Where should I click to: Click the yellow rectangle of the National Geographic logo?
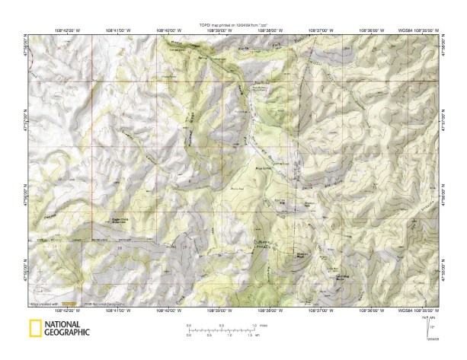(x=35, y=329)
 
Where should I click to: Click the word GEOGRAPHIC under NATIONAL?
(x=69, y=333)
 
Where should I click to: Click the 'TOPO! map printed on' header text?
(x=233, y=25)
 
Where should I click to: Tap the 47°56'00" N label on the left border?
(x=27, y=199)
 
